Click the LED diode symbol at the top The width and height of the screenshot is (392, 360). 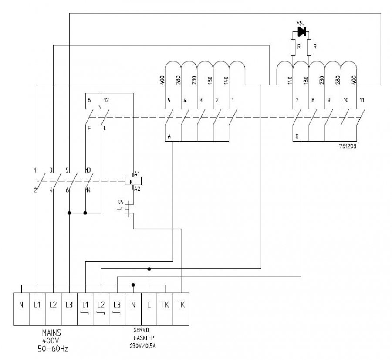[x=301, y=31]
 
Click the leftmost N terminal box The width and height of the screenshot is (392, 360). [x=21, y=305]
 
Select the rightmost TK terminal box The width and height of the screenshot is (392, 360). [x=181, y=305]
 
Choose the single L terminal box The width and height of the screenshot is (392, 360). [x=149, y=305]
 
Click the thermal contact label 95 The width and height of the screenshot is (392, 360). [x=121, y=203]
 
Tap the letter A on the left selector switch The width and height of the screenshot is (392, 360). [x=169, y=137]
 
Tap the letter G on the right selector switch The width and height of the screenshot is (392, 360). [x=297, y=137]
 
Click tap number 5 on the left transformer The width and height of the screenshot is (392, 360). [x=169, y=101]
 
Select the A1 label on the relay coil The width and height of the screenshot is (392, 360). [x=137, y=174]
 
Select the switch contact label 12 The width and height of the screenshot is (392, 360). [x=107, y=101]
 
